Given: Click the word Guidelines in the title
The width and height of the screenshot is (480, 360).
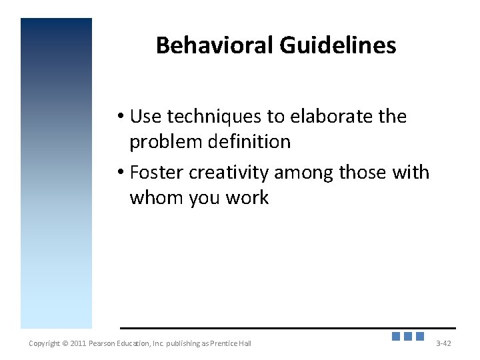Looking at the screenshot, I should pyautogui.click(x=337, y=45).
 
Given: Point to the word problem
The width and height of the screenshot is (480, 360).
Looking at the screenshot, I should pyautogui.click(x=164, y=142).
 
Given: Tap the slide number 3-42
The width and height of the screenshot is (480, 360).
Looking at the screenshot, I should pyautogui.click(x=443, y=343).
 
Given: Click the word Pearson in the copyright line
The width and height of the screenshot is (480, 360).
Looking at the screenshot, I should pyautogui.click(x=107, y=343).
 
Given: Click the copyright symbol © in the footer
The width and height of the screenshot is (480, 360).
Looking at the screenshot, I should pyautogui.click(x=65, y=343).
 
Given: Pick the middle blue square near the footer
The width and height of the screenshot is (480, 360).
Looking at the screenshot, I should pyautogui.click(x=408, y=337).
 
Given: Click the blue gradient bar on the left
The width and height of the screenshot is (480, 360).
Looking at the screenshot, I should pyautogui.click(x=56, y=173).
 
